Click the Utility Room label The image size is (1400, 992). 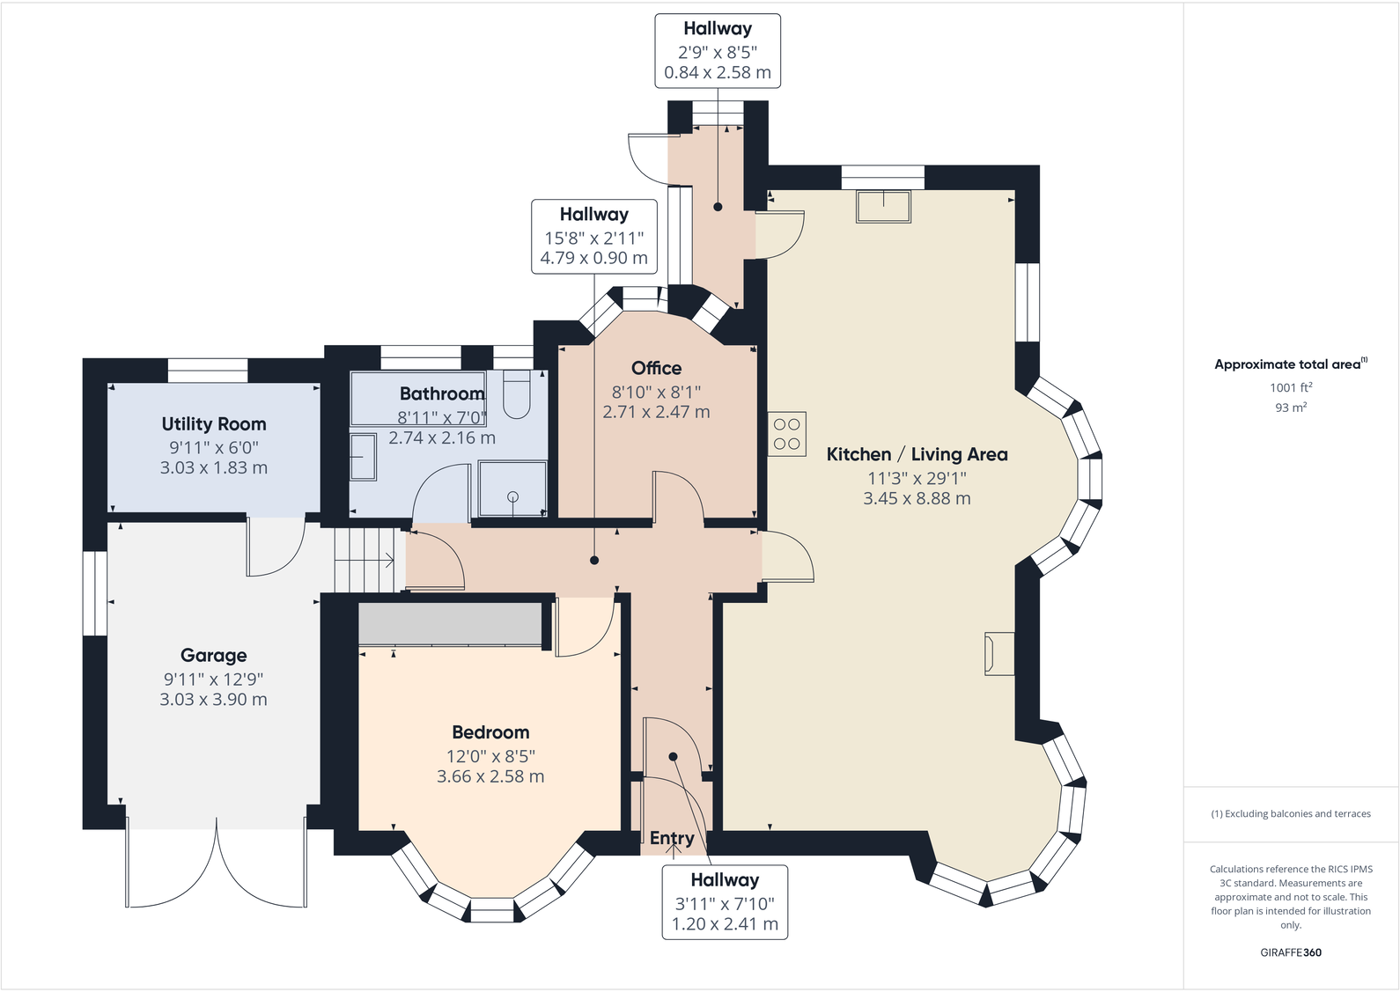coord(213,424)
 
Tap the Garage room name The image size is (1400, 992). coord(213,656)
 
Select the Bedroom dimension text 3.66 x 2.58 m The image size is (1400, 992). coord(490,776)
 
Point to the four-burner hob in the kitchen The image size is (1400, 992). coord(786,434)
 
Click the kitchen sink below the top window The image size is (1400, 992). coord(883,206)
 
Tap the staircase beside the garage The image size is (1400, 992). coord(365,560)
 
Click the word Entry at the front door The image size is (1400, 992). coord(672,838)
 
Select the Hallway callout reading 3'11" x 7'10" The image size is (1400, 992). coord(725,902)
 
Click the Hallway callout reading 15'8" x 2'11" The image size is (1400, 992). coord(593,237)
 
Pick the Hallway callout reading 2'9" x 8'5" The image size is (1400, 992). coord(717,51)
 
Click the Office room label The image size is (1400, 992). coord(656,369)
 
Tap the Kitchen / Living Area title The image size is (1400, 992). coord(917,455)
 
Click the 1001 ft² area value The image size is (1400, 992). coord(1290,387)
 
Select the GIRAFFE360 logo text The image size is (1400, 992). coord(1290,952)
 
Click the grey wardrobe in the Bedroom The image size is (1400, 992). coord(450,623)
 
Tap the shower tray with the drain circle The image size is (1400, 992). coord(512,489)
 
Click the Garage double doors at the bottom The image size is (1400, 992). coord(217,867)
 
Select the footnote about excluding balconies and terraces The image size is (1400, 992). coord(1290,814)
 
